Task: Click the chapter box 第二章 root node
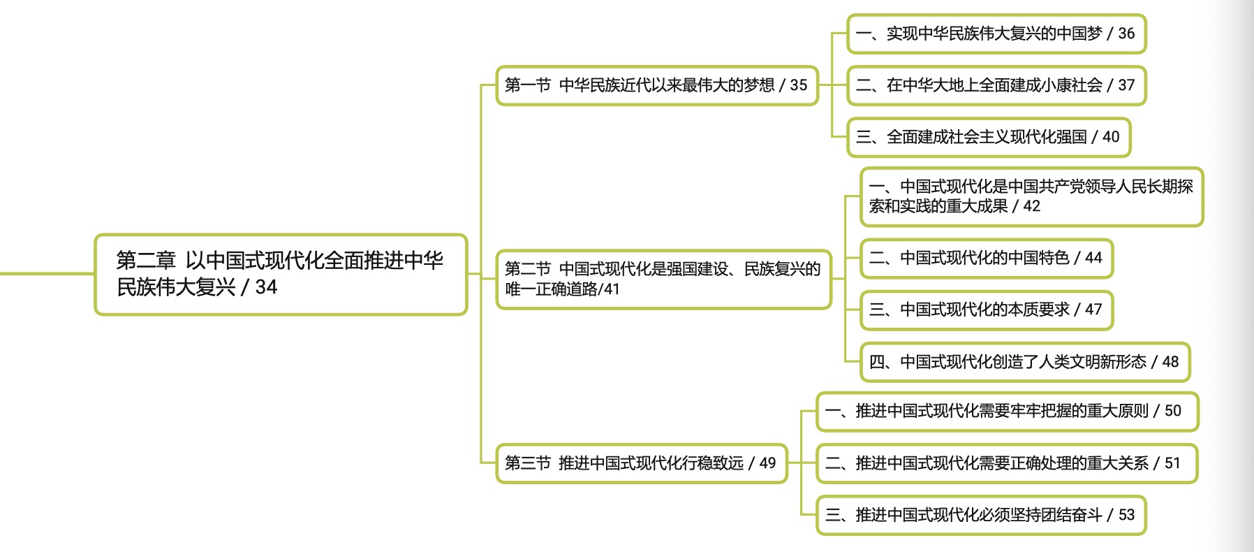tap(280, 274)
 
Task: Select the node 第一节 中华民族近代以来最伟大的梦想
tap(656, 85)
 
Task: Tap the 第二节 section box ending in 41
tap(663, 279)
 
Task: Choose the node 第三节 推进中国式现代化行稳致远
tap(641, 463)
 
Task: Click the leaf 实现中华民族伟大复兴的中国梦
tap(996, 34)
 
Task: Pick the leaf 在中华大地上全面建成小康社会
tap(996, 85)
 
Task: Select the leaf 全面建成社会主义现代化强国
tap(988, 137)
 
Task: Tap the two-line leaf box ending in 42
tap(1031, 196)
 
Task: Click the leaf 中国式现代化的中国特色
tap(986, 259)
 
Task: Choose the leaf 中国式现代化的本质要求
tap(986, 310)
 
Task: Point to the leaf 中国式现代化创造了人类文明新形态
tap(1024, 362)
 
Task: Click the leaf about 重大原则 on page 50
tap(1006, 411)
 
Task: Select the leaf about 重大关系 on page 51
tap(1006, 463)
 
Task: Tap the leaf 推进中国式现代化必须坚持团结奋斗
tap(980, 515)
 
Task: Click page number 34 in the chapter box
tap(266, 287)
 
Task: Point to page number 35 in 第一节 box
tap(798, 85)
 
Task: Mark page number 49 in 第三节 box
tap(767, 463)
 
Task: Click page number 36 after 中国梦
tap(1126, 34)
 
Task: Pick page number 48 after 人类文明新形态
tap(1170, 362)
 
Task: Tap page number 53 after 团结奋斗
tap(1126, 515)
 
